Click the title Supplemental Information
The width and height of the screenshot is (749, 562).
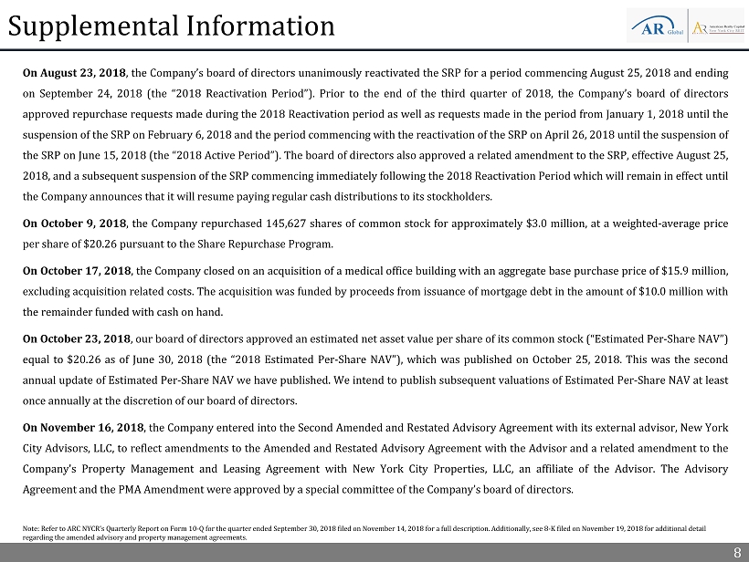(172, 26)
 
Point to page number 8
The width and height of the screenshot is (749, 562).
(736, 552)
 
